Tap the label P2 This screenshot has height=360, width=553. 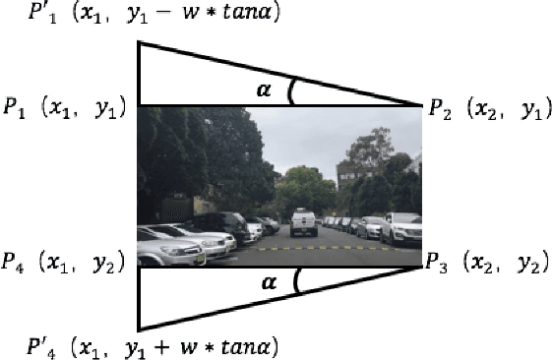439,110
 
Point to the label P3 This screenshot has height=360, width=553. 439,262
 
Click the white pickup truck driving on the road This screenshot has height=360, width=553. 303,223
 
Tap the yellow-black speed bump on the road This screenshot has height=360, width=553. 335,249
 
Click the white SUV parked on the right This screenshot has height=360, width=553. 402,228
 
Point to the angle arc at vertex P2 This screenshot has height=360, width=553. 291,91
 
